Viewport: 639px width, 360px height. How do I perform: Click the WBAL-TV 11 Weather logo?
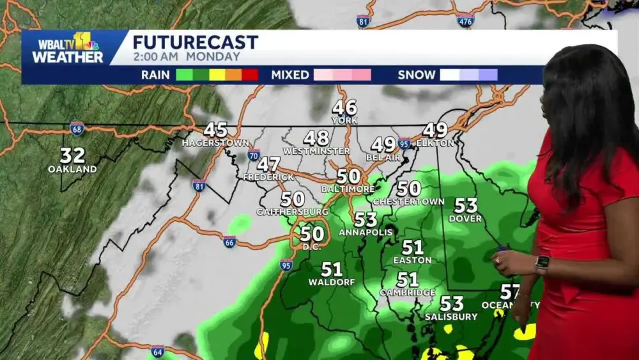click(67, 49)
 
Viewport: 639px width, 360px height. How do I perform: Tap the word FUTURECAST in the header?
click(196, 43)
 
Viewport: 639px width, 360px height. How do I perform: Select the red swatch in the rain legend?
click(250, 75)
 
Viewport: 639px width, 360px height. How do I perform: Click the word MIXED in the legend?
click(290, 75)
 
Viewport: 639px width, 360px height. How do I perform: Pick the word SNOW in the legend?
click(416, 75)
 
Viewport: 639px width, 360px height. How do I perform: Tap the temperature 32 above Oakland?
click(73, 155)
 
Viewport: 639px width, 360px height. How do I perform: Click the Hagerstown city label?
click(215, 143)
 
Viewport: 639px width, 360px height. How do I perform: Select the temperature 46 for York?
click(344, 107)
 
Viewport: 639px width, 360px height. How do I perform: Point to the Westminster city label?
click(316, 151)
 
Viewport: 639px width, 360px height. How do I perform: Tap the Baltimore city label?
click(348, 189)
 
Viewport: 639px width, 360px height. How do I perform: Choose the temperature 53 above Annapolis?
click(366, 219)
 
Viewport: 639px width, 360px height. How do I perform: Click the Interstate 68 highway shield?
click(77, 128)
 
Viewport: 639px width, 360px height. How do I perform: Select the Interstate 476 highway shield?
click(466, 20)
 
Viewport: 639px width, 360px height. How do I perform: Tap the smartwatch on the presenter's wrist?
click(542, 263)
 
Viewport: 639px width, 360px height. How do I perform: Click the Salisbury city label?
click(451, 317)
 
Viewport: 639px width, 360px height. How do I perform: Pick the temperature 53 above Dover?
click(466, 205)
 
